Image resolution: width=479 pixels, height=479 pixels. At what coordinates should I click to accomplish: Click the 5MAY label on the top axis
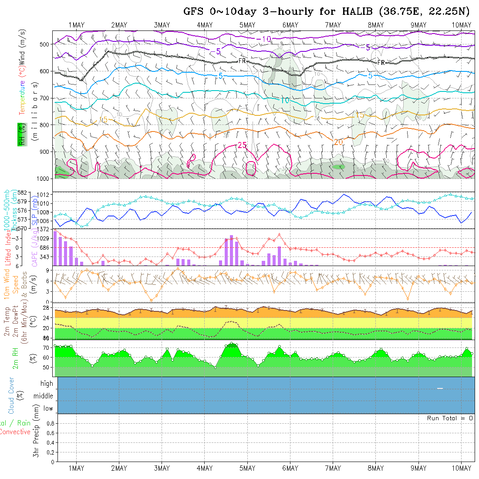(x=247, y=25)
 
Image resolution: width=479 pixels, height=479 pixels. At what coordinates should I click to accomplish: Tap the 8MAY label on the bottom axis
(x=375, y=468)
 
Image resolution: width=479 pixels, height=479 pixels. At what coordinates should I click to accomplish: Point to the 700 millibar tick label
(x=45, y=98)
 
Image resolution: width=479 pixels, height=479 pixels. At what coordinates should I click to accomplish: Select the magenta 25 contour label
(x=243, y=145)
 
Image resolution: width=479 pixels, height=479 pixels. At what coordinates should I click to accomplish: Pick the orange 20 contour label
(x=338, y=142)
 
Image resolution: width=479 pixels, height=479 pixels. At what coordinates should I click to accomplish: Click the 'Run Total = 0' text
(x=450, y=418)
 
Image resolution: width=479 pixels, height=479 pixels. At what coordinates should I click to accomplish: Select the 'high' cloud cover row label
(x=47, y=384)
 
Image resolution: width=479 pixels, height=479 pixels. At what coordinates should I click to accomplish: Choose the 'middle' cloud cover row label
(x=43, y=396)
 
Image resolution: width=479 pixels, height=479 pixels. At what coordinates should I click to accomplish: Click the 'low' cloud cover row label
(x=48, y=408)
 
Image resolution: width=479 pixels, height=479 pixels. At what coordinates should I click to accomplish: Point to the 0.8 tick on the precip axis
(x=50, y=423)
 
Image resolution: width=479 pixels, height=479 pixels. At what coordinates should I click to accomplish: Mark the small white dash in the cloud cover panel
(x=440, y=388)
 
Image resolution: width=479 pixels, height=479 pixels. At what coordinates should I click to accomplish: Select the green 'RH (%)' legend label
(x=20, y=134)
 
